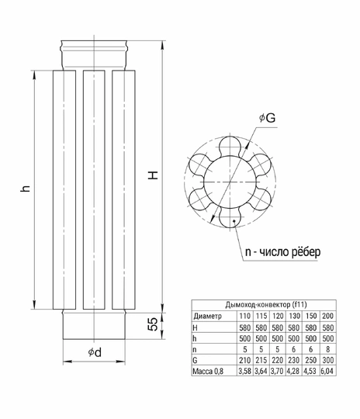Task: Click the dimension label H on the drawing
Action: tap(154, 175)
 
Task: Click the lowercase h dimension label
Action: tap(26, 188)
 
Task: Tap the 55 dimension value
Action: tap(153, 324)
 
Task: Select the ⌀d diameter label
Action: tap(95, 352)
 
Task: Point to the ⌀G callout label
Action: tap(267, 118)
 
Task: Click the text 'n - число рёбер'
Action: tap(282, 251)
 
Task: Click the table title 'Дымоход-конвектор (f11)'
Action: tap(266, 305)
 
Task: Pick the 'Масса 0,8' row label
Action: tap(208, 371)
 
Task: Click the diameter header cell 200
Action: tap(327, 316)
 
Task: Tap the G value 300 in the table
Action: tap(327, 360)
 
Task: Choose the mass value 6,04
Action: tap(327, 371)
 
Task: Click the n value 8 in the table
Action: tap(327, 349)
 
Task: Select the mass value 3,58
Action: tap(244, 371)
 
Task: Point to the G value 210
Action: tap(244, 360)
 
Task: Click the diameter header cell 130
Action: tap(294, 316)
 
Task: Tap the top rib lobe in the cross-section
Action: tap(230, 146)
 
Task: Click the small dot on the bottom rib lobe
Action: tap(234, 220)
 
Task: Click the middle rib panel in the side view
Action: tap(94, 190)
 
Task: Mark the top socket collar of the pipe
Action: tap(94, 55)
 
